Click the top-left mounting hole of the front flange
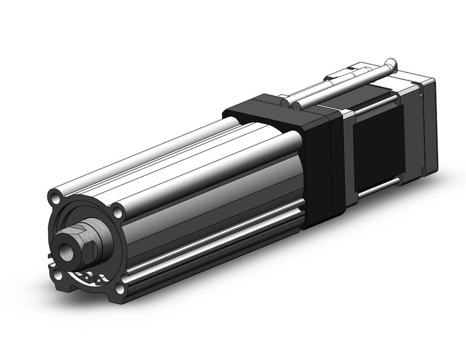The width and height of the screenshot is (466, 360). click(56, 199)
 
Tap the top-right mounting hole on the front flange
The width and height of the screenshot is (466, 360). click(118, 212)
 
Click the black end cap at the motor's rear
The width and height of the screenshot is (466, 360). click(427, 123)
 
